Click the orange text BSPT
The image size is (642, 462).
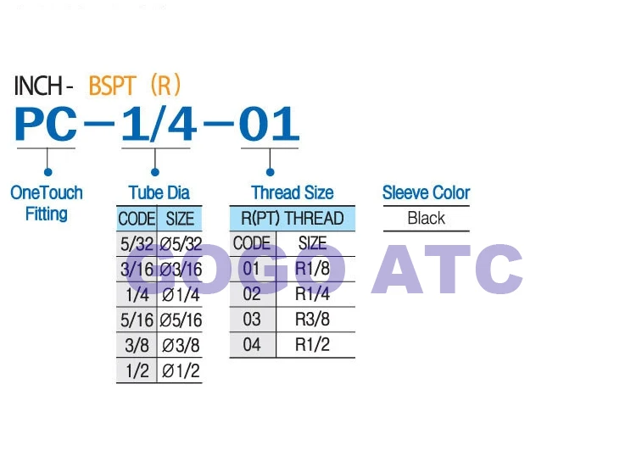(x=112, y=86)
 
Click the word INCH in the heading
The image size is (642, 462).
(x=38, y=86)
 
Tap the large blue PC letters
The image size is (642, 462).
(x=46, y=123)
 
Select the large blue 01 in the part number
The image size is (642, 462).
(x=269, y=123)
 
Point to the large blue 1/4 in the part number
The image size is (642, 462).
(x=159, y=123)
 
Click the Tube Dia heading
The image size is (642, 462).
(x=159, y=192)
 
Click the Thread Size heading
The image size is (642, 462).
(x=293, y=192)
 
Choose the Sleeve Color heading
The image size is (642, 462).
(x=427, y=192)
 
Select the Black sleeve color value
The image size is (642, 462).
(x=427, y=218)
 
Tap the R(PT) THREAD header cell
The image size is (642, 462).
(x=293, y=218)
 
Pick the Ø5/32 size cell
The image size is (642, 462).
(x=181, y=244)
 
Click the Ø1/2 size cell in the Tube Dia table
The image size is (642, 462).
(x=181, y=371)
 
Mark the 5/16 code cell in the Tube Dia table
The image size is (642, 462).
(x=137, y=320)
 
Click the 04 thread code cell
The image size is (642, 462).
(x=252, y=344)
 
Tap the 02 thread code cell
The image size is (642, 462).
(x=252, y=294)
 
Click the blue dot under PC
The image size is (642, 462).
(x=47, y=172)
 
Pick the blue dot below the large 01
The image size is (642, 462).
(x=270, y=172)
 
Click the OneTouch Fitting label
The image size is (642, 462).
(x=47, y=203)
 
